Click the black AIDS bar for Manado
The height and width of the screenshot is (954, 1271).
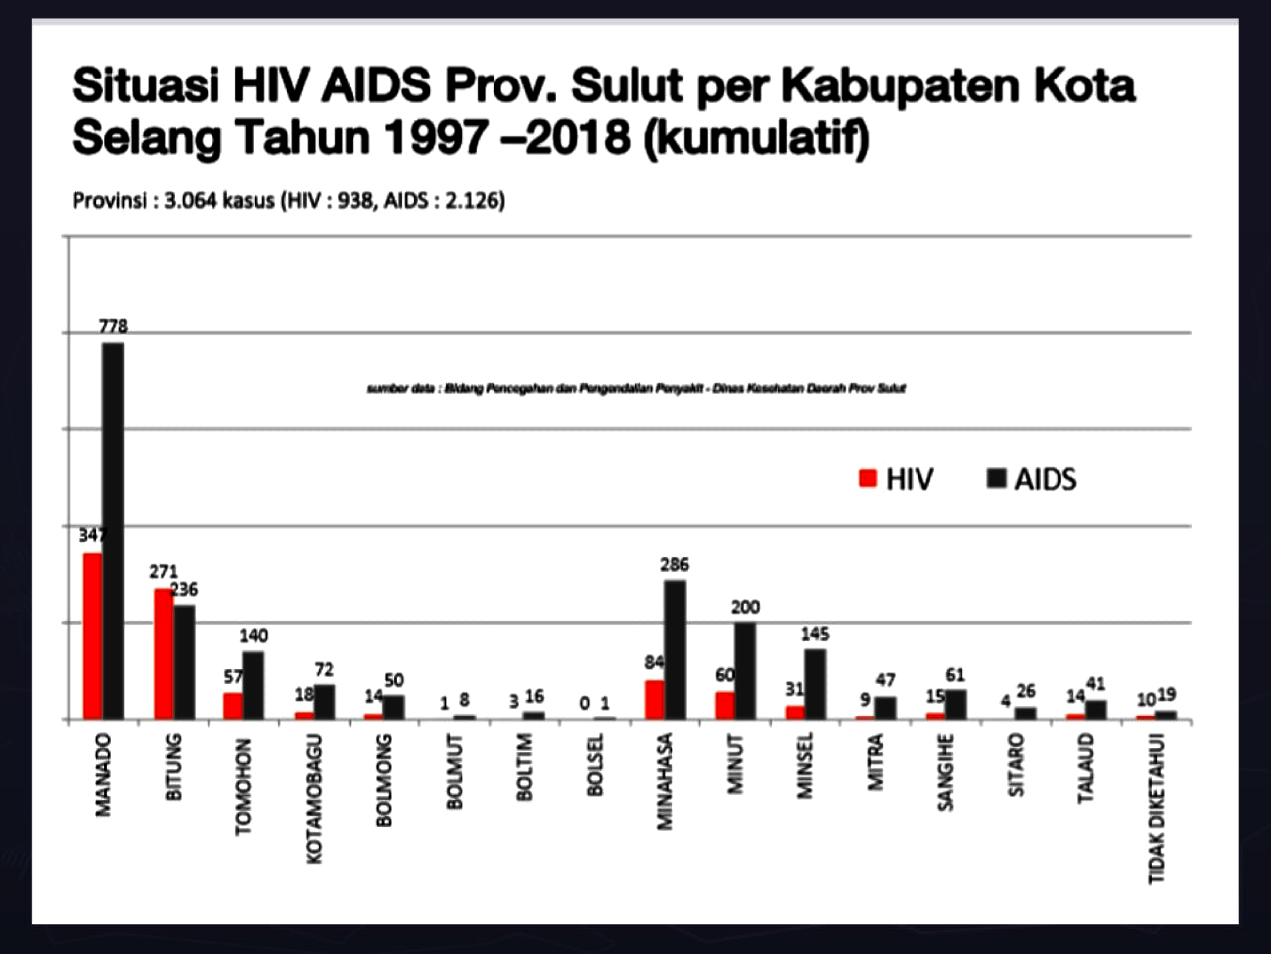click(x=113, y=531)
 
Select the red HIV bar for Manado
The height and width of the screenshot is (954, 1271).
click(x=92, y=636)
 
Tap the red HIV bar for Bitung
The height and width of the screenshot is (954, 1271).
click(x=163, y=654)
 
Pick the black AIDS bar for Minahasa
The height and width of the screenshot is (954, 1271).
click(x=675, y=650)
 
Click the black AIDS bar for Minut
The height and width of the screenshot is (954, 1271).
click(x=745, y=671)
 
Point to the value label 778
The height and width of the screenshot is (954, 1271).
click(x=113, y=326)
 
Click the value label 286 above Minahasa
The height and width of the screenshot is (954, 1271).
click(x=675, y=564)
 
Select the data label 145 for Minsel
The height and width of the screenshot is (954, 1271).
click(x=814, y=634)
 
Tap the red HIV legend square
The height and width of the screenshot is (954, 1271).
click(x=868, y=479)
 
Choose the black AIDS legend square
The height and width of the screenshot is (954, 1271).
click(x=996, y=479)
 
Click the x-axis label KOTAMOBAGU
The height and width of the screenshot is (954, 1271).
click(x=315, y=799)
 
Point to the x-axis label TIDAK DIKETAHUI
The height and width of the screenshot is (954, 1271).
click(x=1157, y=809)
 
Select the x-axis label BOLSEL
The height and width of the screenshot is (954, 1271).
click(x=596, y=765)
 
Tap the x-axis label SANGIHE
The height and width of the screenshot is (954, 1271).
click(x=946, y=772)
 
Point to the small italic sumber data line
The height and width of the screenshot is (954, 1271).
click(x=635, y=388)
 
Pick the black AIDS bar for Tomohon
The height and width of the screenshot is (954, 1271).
click(x=253, y=685)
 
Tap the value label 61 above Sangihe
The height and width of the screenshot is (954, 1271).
click(x=955, y=676)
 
